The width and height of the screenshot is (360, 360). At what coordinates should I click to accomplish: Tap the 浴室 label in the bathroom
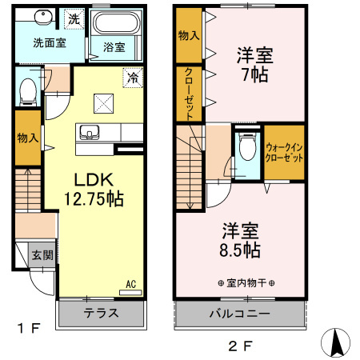pos(114,47)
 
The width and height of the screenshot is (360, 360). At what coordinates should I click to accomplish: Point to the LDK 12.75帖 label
pos(93,190)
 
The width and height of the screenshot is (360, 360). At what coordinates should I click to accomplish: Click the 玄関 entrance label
pos(43,256)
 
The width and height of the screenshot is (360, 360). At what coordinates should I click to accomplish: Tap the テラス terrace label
pos(101,313)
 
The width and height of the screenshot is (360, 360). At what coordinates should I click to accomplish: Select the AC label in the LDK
pos(130,284)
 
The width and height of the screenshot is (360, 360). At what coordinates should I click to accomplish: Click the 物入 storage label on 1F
pos(26,137)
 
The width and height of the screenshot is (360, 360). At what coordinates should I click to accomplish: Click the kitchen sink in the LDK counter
pos(87,131)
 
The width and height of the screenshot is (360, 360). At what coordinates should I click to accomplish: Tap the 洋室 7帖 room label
pos(254,65)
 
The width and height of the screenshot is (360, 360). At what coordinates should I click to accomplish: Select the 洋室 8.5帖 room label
pos(241,239)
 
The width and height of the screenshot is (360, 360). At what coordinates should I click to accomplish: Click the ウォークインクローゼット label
pos(284,152)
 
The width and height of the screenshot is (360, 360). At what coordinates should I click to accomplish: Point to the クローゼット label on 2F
pos(189,94)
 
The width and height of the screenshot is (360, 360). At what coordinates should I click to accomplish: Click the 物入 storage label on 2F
pos(189,35)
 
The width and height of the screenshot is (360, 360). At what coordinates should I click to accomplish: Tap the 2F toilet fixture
pos(247,149)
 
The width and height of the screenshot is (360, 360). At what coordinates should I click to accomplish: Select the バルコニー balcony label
pos(239,313)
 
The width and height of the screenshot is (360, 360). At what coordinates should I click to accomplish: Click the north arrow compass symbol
pos(336,342)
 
